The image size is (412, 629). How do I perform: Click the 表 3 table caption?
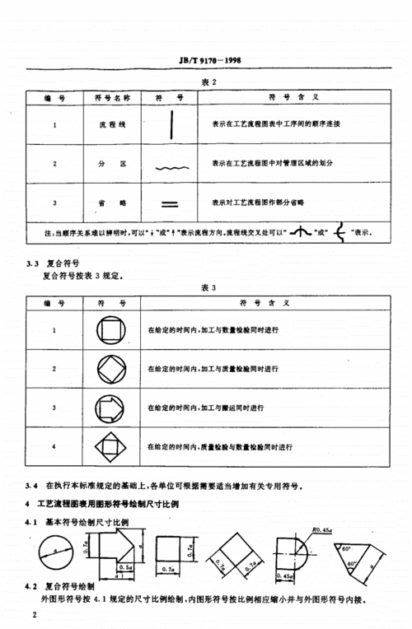[208, 289]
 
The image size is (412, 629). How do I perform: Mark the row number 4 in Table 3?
[54, 447]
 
